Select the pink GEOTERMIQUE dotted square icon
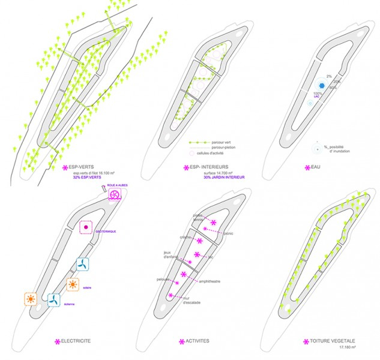tap(87, 228)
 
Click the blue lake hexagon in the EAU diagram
tap(313, 85)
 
